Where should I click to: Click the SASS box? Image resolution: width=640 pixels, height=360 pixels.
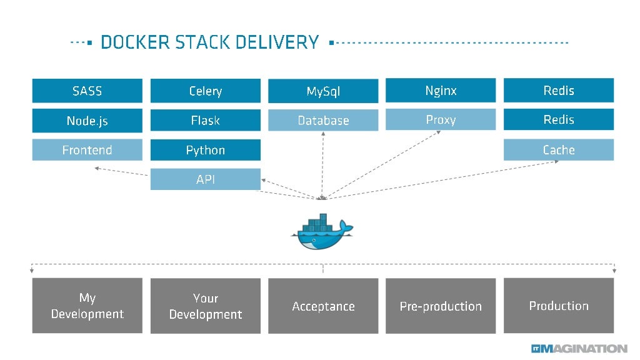click(x=87, y=91)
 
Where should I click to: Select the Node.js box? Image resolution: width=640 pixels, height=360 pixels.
click(x=87, y=121)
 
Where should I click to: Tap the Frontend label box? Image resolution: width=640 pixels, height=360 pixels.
click(x=87, y=150)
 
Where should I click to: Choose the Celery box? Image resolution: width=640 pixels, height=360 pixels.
click(x=205, y=91)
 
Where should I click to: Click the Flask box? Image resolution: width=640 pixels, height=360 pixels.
click(x=205, y=121)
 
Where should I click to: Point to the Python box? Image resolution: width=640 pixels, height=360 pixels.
click(x=205, y=150)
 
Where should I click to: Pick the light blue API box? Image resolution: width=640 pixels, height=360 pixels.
click(x=205, y=179)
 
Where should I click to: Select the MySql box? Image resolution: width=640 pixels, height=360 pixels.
click(x=323, y=91)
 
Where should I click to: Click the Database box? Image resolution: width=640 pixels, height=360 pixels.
click(x=323, y=121)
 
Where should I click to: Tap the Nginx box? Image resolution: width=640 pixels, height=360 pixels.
click(x=441, y=91)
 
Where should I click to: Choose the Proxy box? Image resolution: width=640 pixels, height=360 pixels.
click(x=441, y=120)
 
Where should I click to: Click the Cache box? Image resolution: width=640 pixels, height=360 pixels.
click(x=559, y=150)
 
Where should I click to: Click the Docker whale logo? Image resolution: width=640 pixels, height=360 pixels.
click(x=321, y=232)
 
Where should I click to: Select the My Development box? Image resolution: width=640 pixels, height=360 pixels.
click(x=87, y=306)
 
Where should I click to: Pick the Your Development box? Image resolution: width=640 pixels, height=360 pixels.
click(x=205, y=306)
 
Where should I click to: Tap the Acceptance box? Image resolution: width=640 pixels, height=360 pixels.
click(x=323, y=306)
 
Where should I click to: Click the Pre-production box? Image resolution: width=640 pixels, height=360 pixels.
click(x=441, y=306)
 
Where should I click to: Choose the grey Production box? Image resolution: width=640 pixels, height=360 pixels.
click(x=559, y=306)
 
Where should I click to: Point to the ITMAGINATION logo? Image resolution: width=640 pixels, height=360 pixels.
click(x=579, y=348)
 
